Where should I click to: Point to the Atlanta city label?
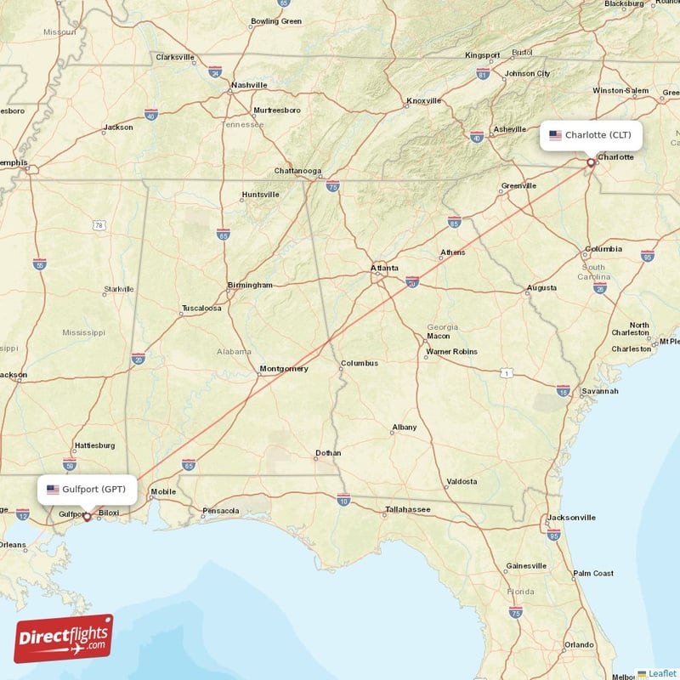tap(384, 268)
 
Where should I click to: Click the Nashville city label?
tap(249, 85)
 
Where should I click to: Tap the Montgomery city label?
tap(284, 368)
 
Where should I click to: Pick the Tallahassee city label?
tap(407, 509)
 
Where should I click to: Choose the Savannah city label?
tap(600, 391)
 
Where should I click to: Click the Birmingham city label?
tap(250, 285)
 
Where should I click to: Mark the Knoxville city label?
tap(424, 100)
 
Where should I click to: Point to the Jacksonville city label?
tap(571, 517)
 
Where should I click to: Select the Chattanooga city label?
tap(297, 171)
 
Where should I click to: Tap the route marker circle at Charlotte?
tap(591, 161)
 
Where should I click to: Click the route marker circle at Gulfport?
tap(87, 516)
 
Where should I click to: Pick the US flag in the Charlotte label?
tap(555, 135)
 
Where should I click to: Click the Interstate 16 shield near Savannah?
tap(563, 390)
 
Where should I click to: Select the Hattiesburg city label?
tap(94, 445)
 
